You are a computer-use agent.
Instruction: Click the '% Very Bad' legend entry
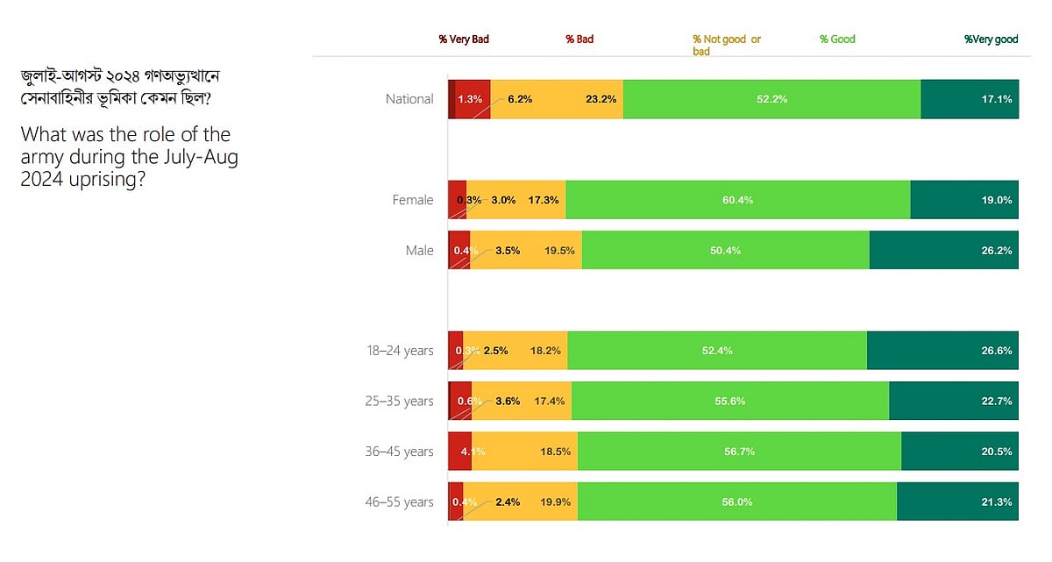(x=464, y=39)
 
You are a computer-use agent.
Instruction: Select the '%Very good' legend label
(x=991, y=39)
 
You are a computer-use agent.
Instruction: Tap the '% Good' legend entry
(x=837, y=39)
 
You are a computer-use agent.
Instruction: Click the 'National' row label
(x=409, y=99)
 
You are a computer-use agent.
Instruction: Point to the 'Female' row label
(x=412, y=200)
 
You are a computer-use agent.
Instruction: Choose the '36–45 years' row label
(x=400, y=452)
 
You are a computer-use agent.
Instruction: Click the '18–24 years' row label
(x=400, y=351)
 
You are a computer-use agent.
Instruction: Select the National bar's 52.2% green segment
(x=771, y=99)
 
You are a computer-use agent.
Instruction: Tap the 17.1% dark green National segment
(x=970, y=99)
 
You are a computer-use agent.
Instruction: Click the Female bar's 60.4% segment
(x=737, y=200)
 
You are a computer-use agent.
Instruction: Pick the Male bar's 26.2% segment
(x=943, y=250)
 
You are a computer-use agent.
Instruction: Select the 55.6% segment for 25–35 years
(x=729, y=401)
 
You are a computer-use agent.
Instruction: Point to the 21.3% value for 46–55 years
(x=998, y=502)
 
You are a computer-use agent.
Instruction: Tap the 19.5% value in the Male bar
(x=559, y=251)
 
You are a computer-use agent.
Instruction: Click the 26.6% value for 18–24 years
(x=998, y=351)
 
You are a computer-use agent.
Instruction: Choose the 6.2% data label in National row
(x=520, y=100)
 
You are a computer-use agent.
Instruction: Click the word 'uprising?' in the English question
(x=109, y=180)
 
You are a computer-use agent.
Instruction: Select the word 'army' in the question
(x=41, y=158)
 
